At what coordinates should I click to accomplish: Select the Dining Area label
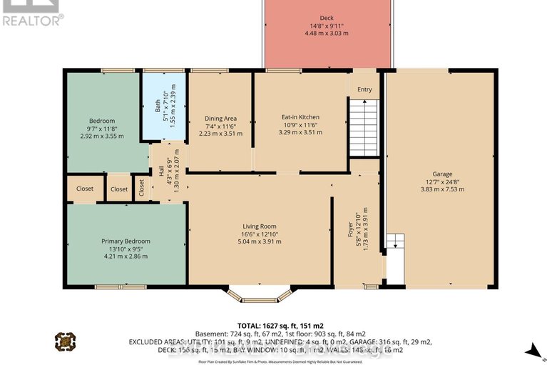pyautogui.click(x=220, y=119)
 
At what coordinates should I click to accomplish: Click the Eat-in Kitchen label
pyautogui.click(x=299, y=117)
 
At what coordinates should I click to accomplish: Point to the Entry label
pyautogui.click(x=364, y=89)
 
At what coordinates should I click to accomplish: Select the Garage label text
pyautogui.click(x=442, y=174)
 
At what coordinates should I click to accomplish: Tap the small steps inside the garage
pyautogui.click(x=394, y=242)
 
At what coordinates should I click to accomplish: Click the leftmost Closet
pyautogui.click(x=85, y=189)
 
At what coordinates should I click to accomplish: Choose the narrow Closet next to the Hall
pyautogui.click(x=142, y=188)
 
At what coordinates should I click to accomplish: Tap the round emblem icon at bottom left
pyautogui.click(x=64, y=341)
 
